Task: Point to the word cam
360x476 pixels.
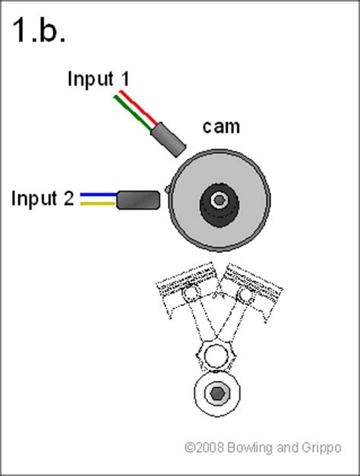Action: coord(220,126)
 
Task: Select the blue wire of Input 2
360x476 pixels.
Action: coord(95,195)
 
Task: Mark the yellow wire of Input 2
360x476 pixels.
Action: coord(95,203)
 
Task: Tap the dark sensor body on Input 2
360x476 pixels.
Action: coord(137,200)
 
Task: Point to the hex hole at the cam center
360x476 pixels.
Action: coord(218,200)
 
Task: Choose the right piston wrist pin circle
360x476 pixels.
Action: coord(244,293)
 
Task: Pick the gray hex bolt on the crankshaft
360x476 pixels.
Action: coord(216,393)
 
